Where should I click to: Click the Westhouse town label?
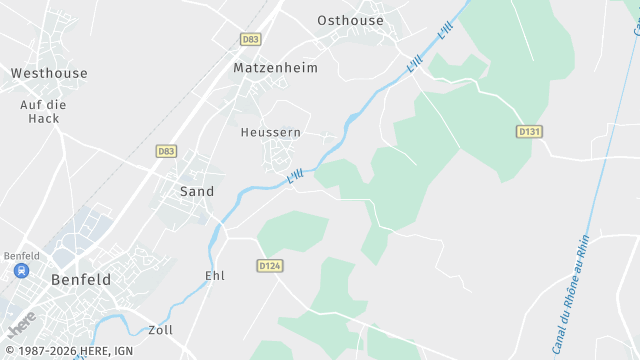tap(49, 73)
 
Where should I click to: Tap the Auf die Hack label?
tap(43, 111)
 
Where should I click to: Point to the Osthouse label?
tap(350, 20)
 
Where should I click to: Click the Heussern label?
tap(271, 132)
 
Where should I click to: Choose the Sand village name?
tap(197, 191)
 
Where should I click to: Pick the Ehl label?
tap(215, 276)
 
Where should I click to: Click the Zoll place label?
tap(160, 330)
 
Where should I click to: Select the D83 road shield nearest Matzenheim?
tap(251, 39)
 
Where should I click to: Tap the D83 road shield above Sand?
tap(166, 151)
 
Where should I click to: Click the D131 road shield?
tap(529, 132)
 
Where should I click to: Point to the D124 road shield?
tap(270, 265)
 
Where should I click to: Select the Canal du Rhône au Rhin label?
tap(571, 285)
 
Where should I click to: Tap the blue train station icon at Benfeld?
tap(20, 270)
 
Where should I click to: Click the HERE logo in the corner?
tap(22, 324)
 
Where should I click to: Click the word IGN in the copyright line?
tap(122, 351)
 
